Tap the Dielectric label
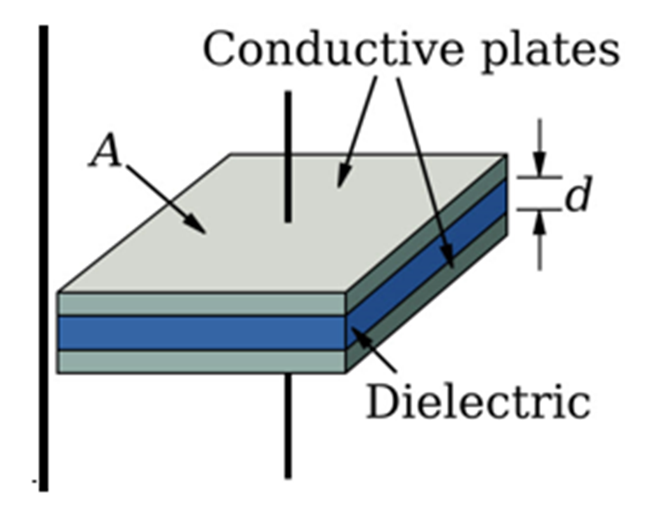[478, 401]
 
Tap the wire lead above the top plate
[288, 156]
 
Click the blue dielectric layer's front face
[201, 333]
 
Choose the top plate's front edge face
[201, 304]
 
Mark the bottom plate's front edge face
[201, 361]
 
